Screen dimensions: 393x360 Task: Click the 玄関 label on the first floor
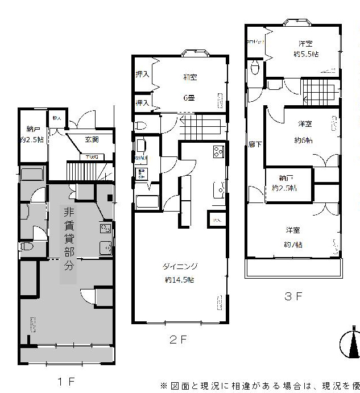point(92,139)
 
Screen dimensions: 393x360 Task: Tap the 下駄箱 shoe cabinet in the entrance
point(90,156)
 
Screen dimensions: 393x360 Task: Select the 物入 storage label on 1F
point(57,118)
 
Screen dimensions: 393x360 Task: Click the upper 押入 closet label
point(142,74)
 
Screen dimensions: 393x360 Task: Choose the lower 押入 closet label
point(142,102)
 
